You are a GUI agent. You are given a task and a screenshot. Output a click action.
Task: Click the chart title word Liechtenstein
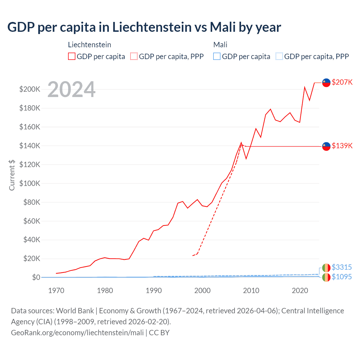(152, 27)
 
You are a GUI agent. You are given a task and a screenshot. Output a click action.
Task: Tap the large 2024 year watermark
(71, 90)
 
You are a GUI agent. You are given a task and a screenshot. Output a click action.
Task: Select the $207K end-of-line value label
(342, 82)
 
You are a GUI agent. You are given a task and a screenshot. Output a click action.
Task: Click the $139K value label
(342, 146)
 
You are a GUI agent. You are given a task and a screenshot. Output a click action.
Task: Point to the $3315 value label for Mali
(342, 267)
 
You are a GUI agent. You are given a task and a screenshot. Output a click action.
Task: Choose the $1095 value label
(342, 277)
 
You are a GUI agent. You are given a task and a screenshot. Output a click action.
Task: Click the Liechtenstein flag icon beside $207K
(326, 83)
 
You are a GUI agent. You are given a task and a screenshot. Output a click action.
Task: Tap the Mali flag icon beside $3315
(326, 268)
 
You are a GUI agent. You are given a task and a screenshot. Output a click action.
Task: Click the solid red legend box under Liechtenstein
(72, 57)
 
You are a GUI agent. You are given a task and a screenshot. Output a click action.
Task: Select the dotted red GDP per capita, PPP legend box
(134, 57)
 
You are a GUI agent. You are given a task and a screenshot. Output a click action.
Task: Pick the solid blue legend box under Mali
(217, 57)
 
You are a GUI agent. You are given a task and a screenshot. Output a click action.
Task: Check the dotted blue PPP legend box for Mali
(279, 57)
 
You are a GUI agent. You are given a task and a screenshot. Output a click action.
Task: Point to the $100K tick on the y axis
(30, 183)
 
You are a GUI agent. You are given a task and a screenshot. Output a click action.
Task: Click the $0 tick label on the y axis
(36, 277)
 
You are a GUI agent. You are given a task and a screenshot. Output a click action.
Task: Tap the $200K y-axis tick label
(30, 89)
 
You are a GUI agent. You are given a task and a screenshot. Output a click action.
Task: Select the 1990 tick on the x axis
(154, 291)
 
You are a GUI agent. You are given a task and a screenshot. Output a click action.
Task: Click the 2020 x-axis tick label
(300, 291)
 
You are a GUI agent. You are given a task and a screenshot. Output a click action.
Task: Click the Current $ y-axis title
(12, 175)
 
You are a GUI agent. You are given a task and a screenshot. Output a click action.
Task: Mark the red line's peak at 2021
(305, 87)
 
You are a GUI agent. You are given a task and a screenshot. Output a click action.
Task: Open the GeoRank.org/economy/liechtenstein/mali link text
(77, 333)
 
